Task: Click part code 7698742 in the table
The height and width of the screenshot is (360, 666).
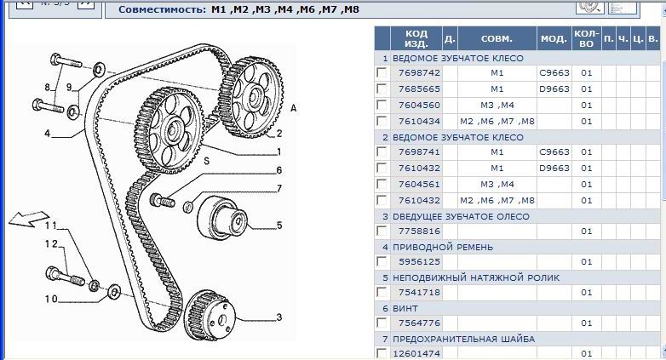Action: click(419, 72)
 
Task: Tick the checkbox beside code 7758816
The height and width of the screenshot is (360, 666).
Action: click(382, 231)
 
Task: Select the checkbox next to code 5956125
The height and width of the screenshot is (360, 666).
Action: click(382, 261)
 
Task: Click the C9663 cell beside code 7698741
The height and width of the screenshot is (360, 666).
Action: click(554, 152)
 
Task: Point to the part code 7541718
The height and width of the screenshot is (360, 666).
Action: click(419, 293)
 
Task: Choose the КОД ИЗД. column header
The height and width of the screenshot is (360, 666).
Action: click(416, 38)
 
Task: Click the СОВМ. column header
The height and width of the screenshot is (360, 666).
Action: click(497, 38)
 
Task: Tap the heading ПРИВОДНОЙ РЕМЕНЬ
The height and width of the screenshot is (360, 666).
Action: click(443, 247)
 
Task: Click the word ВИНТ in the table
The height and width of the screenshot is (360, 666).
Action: click(405, 309)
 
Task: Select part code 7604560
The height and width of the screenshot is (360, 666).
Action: click(419, 105)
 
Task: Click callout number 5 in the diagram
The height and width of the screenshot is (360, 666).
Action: click(279, 225)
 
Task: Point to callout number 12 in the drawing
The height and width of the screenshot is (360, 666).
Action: click(51, 243)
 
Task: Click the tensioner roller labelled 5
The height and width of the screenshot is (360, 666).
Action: click(221, 219)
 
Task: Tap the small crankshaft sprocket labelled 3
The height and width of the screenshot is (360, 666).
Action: click(210, 315)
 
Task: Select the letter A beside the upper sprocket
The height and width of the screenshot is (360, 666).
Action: click(293, 109)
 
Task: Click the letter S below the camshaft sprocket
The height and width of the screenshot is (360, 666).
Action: click(207, 161)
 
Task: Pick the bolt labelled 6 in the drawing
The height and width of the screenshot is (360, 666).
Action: click(163, 200)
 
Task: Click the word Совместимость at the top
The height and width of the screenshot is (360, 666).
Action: click(163, 9)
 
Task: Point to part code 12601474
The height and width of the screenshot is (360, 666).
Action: click(416, 353)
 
